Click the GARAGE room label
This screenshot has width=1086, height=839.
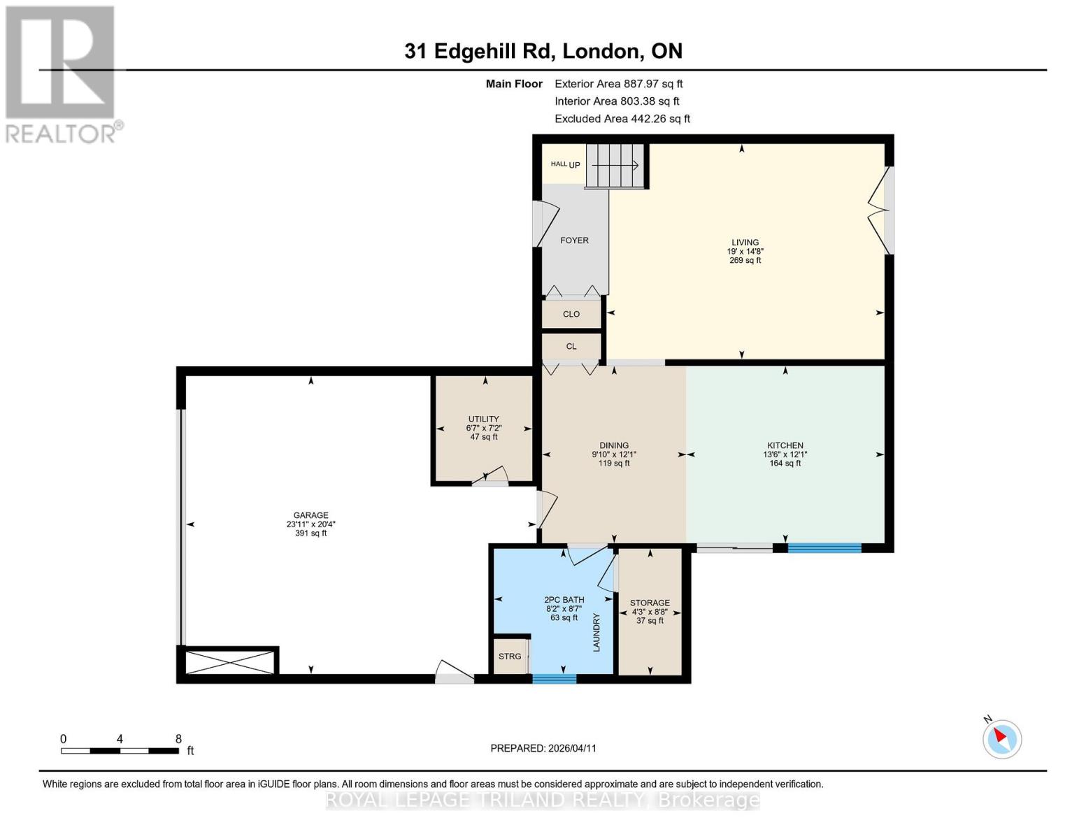(310, 515)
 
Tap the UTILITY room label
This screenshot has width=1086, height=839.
(483, 419)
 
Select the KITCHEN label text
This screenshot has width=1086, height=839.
(785, 445)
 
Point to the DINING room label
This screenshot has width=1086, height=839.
(613, 445)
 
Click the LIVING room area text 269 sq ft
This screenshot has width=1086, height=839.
(745, 261)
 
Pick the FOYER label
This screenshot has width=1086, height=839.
(574, 241)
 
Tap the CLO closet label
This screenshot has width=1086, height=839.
(571, 315)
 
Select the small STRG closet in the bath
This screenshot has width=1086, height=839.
(510, 657)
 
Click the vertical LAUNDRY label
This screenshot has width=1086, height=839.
(596, 632)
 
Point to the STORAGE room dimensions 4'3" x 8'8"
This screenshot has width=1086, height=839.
(650, 612)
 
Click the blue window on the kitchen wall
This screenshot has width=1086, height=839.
(824, 548)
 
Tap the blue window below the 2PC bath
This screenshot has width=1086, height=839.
(554, 678)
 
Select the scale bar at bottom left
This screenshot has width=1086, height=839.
(119, 751)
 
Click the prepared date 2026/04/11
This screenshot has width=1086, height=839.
(543, 748)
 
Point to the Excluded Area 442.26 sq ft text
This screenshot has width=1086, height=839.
(622, 119)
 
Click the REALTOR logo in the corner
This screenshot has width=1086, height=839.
(62, 73)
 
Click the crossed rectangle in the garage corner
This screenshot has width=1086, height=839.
(230, 661)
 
